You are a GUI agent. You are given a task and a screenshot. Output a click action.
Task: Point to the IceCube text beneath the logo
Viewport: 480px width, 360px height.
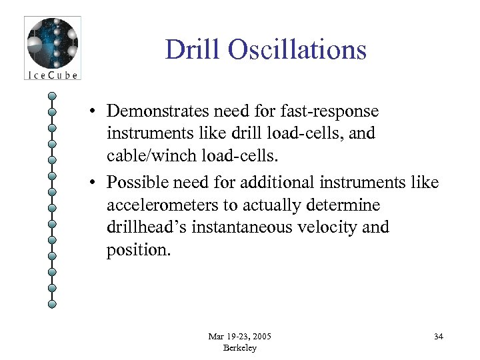point(52,75)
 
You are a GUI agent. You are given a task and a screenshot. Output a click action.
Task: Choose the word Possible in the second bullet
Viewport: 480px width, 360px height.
point(139,181)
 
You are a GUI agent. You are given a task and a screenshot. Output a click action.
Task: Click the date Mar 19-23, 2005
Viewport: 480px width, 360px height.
point(239,336)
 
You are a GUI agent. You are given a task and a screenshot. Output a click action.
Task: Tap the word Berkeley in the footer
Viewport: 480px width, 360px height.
point(239,347)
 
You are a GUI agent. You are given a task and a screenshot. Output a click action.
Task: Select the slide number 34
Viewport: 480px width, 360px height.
point(438,336)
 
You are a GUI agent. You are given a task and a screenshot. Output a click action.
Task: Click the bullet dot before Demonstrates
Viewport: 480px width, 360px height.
point(97,111)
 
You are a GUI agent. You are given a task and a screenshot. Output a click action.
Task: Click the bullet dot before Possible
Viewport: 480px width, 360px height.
point(97,181)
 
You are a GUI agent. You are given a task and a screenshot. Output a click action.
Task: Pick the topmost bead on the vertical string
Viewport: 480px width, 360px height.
point(52,95)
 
